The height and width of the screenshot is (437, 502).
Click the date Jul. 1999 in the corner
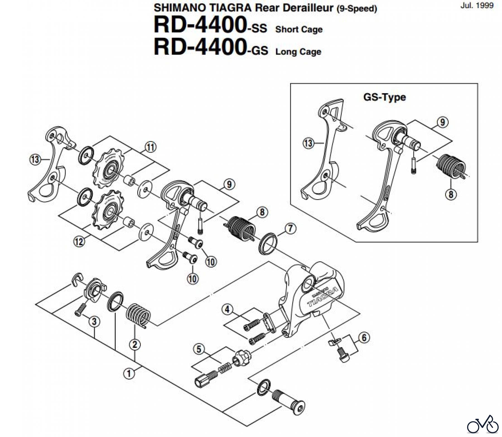[x=477, y=5]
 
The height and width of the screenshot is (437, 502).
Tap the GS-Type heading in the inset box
[x=384, y=97]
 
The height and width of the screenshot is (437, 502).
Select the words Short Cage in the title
[x=299, y=29]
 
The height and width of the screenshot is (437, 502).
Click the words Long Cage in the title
[x=298, y=52]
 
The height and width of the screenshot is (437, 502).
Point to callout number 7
[x=290, y=229]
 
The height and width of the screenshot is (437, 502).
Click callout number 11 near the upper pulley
[x=150, y=147]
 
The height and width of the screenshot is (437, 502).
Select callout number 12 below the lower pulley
[x=79, y=241]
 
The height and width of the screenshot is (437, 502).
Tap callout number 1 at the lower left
[x=129, y=373]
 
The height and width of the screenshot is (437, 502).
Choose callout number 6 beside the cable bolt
[x=364, y=338]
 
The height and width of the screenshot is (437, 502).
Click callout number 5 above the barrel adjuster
[x=199, y=349]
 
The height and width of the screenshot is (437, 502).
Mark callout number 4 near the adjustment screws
[x=227, y=309]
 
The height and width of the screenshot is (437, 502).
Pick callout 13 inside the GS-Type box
[x=308, y=143]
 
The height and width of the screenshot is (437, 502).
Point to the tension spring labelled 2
[x=138, y=314]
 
